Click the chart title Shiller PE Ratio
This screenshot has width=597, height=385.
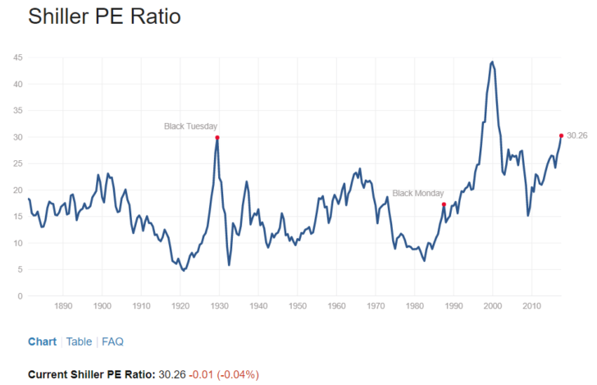104,16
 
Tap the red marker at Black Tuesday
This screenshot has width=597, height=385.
217,137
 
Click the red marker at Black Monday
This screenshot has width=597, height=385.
444,204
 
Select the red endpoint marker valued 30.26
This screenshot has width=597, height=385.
561,135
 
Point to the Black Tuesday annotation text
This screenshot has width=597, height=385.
190,126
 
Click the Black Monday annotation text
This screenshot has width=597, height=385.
418,194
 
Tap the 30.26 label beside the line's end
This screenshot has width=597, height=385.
576,135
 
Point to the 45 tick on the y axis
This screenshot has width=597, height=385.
17,57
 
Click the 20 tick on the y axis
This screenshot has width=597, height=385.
17,190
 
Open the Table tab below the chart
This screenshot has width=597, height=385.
79,341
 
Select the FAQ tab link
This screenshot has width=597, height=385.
112,341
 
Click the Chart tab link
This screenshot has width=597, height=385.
42,341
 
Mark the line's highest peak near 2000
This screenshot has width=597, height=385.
492,62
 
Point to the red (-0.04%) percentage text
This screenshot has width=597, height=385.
239,374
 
